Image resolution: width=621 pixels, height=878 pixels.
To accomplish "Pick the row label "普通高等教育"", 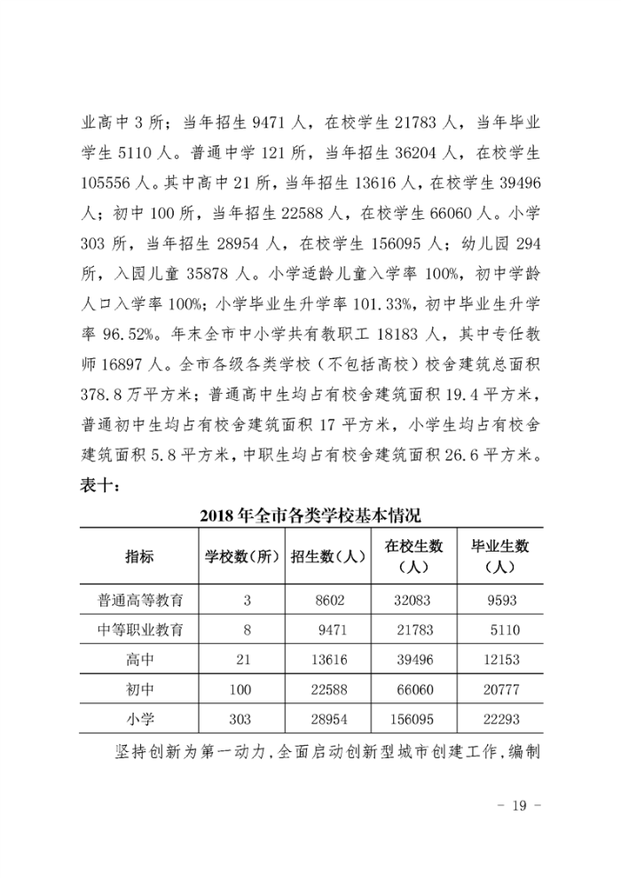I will point(140,600).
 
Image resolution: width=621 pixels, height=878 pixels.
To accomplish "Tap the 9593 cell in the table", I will point(501,600).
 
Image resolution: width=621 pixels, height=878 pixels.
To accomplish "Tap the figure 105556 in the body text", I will point(109,191).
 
